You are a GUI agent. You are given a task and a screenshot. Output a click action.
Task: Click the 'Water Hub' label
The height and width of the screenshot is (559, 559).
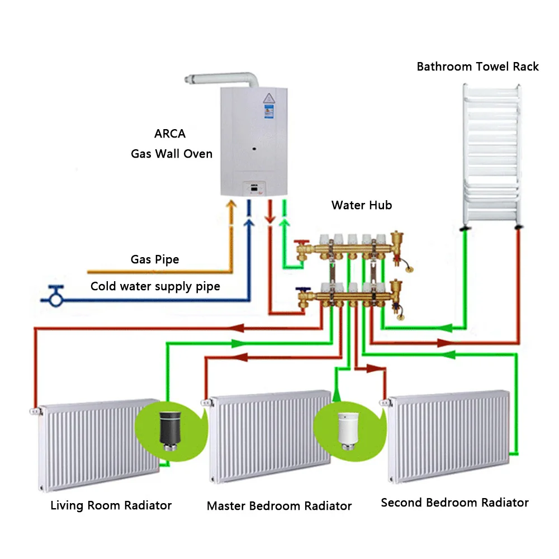coord(362,205)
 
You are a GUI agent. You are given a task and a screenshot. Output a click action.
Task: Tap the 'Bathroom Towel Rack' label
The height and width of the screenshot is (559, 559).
coord(477,67)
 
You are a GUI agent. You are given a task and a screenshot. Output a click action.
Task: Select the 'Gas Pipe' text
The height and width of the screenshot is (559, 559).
coord(155,259)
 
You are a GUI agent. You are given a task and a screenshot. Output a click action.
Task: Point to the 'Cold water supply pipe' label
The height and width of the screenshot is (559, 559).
coord(155,287)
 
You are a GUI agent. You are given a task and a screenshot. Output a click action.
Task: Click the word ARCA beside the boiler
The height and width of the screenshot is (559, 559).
coord(170,134)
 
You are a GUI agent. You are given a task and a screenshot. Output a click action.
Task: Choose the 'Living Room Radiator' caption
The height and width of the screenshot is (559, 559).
coord(111,505)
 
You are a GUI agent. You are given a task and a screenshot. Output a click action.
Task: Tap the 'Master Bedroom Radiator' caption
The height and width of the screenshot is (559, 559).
coord(279,506)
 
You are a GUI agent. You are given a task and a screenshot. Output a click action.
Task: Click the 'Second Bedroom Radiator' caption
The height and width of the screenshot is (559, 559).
coord(454,503)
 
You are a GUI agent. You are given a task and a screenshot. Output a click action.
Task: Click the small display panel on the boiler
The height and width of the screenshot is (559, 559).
coord(255,190)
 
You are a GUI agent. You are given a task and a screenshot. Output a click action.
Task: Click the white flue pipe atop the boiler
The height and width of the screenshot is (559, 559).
coord(224,79)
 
